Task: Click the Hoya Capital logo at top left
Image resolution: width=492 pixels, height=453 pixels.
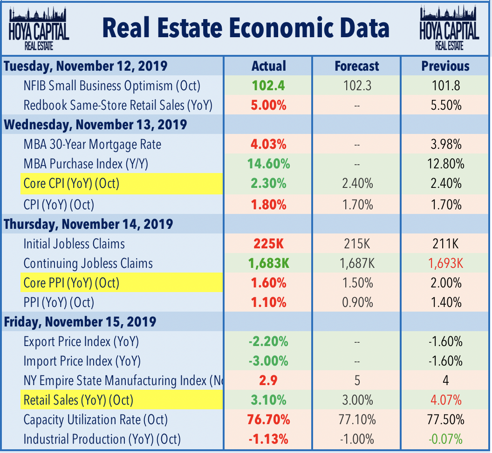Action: [39, 28]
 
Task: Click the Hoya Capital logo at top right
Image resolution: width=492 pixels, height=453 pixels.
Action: [449, 28]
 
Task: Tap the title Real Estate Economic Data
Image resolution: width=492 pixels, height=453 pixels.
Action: [246, 28]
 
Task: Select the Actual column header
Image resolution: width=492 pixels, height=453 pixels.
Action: [268, 66]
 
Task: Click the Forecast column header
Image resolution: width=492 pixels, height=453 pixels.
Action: [357, 66]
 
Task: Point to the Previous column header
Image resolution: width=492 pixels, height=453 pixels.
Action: [445, 66]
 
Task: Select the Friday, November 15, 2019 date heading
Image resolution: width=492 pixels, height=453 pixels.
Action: [80, 322]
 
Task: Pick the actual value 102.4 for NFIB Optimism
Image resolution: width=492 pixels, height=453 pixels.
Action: [268, 86]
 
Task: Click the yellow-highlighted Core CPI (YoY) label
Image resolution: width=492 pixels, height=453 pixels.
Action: [71, 184]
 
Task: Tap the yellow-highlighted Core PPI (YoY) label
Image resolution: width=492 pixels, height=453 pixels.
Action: [71, 283]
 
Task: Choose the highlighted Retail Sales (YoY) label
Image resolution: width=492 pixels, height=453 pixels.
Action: [78, 400]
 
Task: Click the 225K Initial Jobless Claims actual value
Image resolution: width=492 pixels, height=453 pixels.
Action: [268, 244]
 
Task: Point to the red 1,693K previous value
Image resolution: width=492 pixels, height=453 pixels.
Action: [445, 263]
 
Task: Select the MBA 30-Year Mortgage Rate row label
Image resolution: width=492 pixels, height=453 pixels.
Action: [92, 145]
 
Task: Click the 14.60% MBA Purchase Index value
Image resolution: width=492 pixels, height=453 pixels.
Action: [268, 164]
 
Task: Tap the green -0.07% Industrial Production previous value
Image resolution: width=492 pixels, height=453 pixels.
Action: [445, 439]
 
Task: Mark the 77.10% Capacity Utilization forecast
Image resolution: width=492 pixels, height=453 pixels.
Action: [357, 420]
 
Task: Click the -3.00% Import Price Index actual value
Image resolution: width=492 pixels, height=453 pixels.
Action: [268, 361]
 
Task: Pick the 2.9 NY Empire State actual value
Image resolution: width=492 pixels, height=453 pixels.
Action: [268, 380]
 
